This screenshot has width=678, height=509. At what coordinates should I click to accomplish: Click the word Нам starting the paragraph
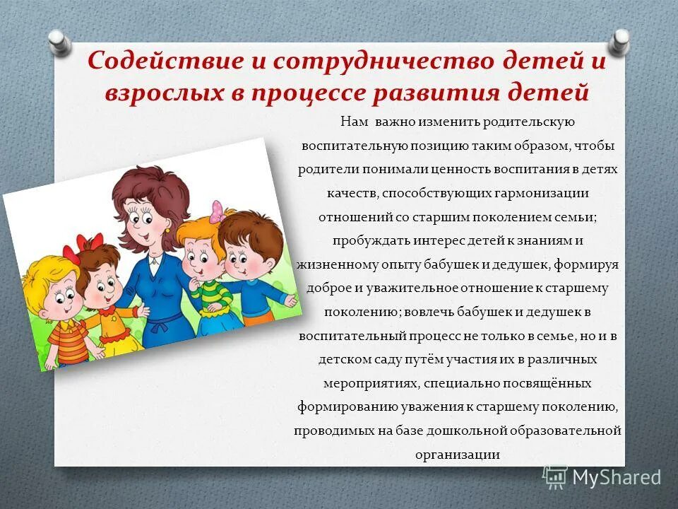click(x=354, y=122)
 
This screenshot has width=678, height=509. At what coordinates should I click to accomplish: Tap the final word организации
click(x=458, y=455)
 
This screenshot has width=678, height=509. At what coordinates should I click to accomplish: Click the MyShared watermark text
click(x=616, y=477)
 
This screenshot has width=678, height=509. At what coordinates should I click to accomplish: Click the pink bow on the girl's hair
click(x=217, y=211)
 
